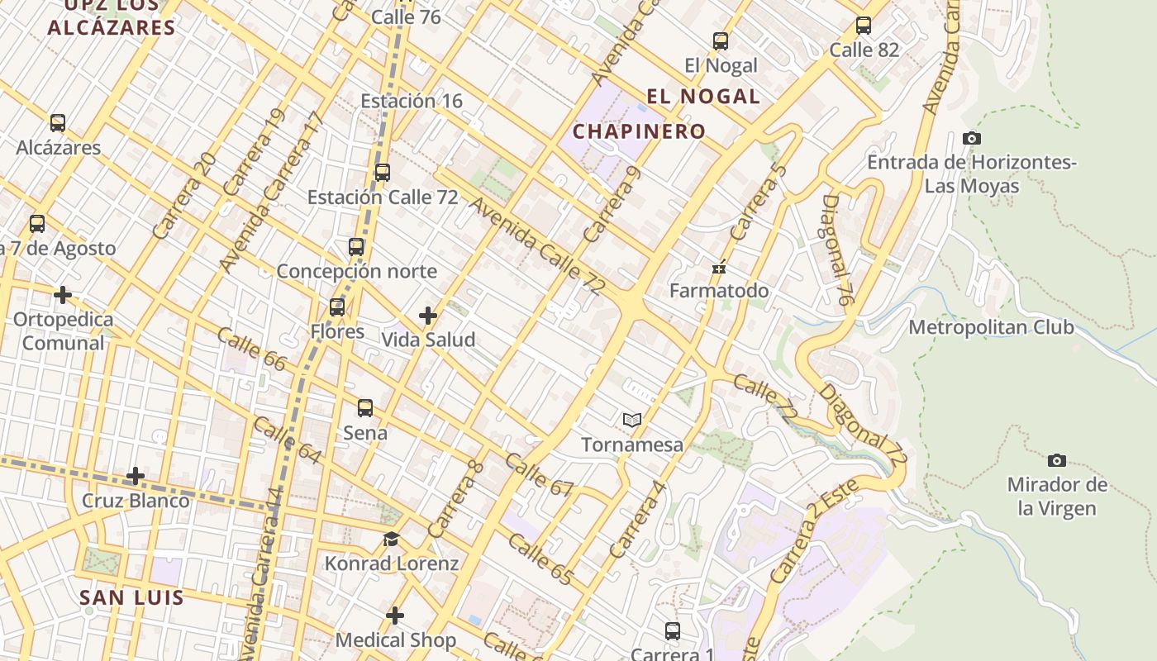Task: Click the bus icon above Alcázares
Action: pyautogui.click(x=58, y=123)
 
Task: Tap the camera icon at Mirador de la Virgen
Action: pyautogui.click(x=1056, y=460)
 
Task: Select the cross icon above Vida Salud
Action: pyautogui.click(x=428, y=315)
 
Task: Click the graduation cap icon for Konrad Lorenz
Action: pyautogui.click(x=391, y=540)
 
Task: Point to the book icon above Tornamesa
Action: pyautogui.click(x=632, y=421)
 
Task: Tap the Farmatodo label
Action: pyautogui.click(x=718, y=291)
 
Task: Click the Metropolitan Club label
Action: pyautogui.click(x=991, y=327)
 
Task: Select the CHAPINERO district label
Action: pyautogui.click(x=639, y=131)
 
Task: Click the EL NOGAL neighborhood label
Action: pyautogui.click(x=702, y=97)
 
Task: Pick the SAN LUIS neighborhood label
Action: pyautogui.click(x=131, y=597)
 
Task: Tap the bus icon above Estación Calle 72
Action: pyautogui.click(x=382, y=173)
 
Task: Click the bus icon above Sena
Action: pyautogui.click(x=365, y=408)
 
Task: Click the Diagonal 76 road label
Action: pyautogui.click(x=836, y=250)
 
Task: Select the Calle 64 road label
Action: pyautogui.click(x=287, y=440)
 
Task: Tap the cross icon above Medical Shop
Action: pyautogui.click(x=395, y=616)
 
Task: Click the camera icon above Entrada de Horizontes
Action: pyautogui.click(x=972, y=138)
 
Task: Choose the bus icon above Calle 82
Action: pyautogui.click(x=864, y=26)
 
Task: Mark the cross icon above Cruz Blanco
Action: pyautogui.click(x=136, y=476)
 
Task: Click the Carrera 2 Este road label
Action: pyautogui.click(x=800, y=538)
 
